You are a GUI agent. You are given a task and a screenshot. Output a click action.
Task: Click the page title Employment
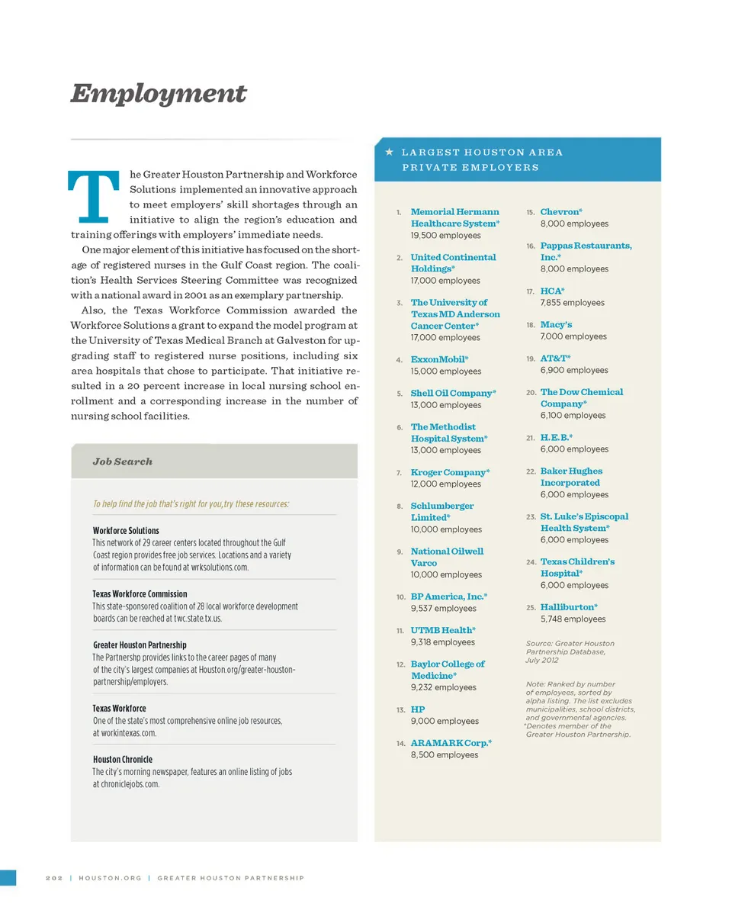159,94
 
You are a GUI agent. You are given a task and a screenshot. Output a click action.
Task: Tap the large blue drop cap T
94,195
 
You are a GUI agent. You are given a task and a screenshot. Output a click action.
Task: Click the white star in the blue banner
389,152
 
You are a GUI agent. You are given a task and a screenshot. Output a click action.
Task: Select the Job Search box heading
122,461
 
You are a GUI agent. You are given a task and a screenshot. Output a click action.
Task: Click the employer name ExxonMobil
439,359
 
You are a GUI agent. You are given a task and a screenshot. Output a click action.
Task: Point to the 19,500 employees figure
445,236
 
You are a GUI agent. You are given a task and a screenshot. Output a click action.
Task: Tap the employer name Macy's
556,324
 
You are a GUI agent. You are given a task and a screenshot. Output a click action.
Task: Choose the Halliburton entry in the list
568,607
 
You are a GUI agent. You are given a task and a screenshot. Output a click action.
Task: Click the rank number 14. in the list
400,743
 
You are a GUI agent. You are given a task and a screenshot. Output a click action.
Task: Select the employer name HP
418,709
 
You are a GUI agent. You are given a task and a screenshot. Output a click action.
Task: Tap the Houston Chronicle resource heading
123,759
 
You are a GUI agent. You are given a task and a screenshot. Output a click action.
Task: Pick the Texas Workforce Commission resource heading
140,593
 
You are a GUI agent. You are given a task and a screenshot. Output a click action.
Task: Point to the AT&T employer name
555,358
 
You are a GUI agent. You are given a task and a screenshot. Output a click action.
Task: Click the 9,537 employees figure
443,609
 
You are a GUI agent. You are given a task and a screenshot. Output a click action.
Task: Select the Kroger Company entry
450,472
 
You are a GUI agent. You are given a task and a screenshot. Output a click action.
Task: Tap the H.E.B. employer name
556,438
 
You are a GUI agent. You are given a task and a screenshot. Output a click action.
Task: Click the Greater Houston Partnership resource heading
140,645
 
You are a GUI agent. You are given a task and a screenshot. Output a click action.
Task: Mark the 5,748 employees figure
573,619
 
